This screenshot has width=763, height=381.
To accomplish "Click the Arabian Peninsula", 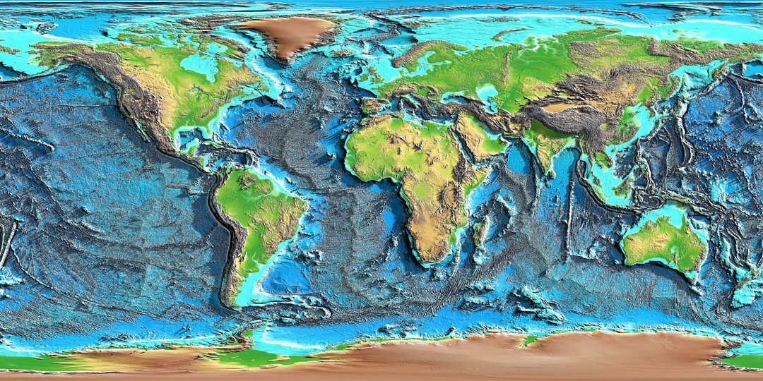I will point(478,138).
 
